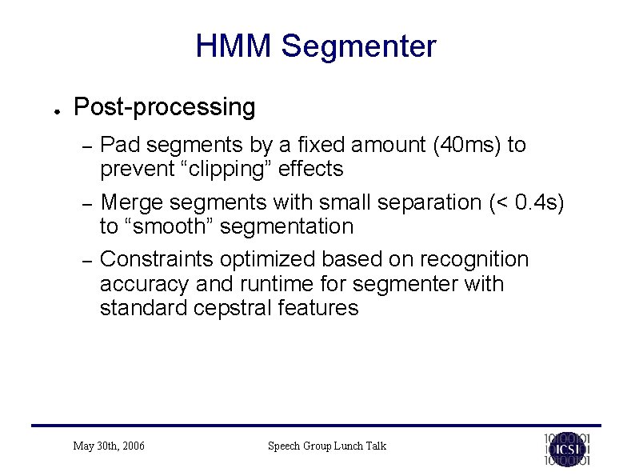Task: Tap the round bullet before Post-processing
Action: [50, 110]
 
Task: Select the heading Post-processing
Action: [164, 106]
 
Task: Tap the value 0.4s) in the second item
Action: [541, 202]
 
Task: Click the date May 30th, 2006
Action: [109, 446]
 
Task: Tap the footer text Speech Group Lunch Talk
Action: [326, 446]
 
